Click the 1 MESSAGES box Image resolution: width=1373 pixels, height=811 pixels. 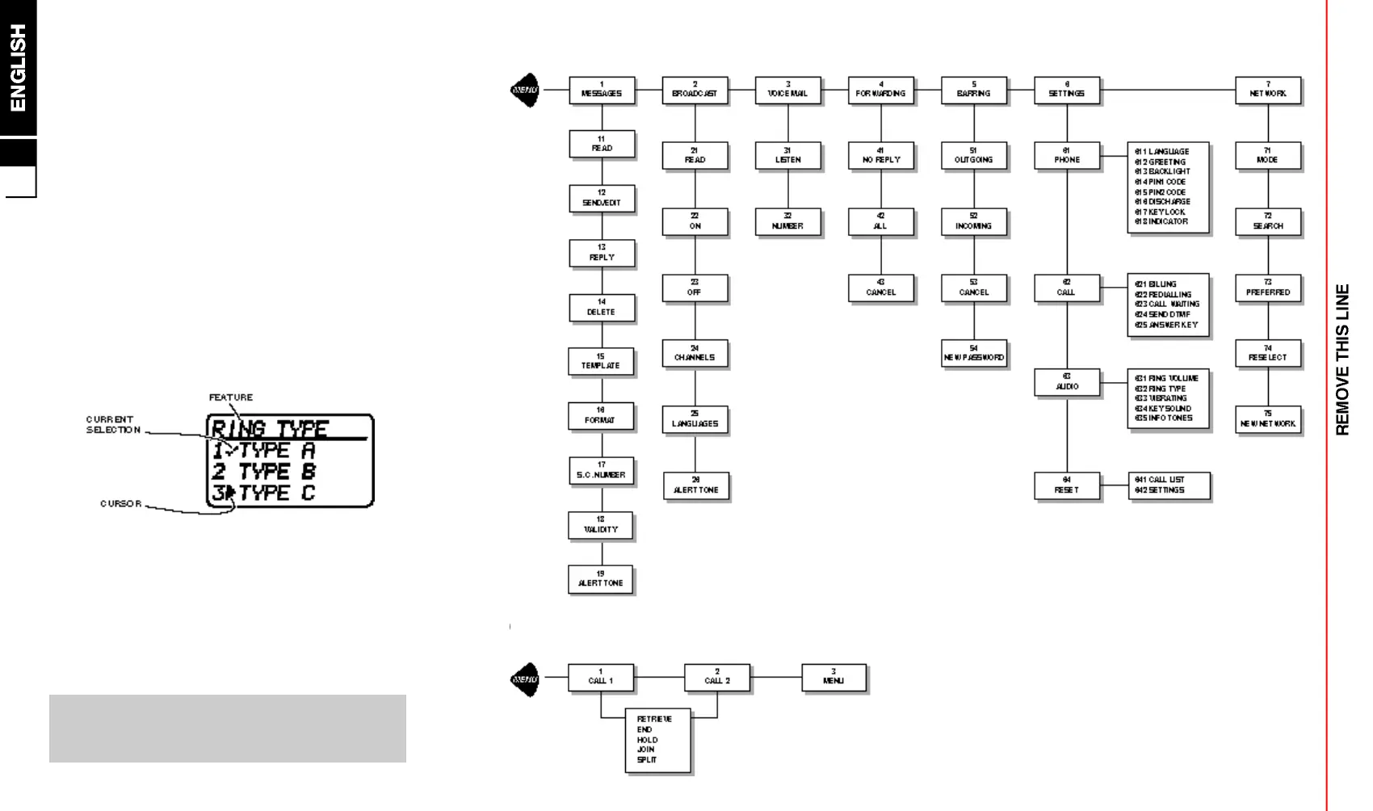pyautogui.click(x=602, y=90)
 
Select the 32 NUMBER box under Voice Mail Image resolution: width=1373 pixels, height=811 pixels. pyautogui.click(x=787, y=221)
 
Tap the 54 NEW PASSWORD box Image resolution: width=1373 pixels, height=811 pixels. pyautogui.click(x=974, y=353)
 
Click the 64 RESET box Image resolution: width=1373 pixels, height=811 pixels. pyautogui.click(x=1067, y=485)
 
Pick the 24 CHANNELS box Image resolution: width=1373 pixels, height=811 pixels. pyautogui.click(x=695, y=353)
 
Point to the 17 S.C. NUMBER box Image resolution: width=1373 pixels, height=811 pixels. pyautogui.click(x=601, y=470)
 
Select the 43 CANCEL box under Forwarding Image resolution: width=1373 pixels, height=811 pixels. pyautogui.click(x=880, y=288)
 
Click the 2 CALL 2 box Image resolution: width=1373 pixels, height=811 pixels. pyautogui.click(x=716, y=677)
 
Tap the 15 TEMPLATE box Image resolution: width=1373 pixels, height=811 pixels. pyautogui.click(x=601, y=361)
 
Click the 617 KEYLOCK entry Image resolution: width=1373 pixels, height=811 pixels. pyautogui.click(x=1161, y=212)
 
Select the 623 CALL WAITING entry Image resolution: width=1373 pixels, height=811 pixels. pyautogui.click(x=1168, y=305)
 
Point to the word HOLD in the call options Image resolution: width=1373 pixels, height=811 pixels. pyautogui.click(x=648, y=740)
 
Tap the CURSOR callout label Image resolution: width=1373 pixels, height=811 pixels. pyautogui.click(x=121, y=504)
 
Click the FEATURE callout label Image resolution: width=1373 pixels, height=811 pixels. pyautogui.click(x=231, y=397)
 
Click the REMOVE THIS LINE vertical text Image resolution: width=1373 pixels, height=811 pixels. pyautogui.click(x=1342, y=359)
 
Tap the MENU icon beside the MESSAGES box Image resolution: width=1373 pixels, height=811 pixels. pyautogui.click(x=526, y=90)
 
